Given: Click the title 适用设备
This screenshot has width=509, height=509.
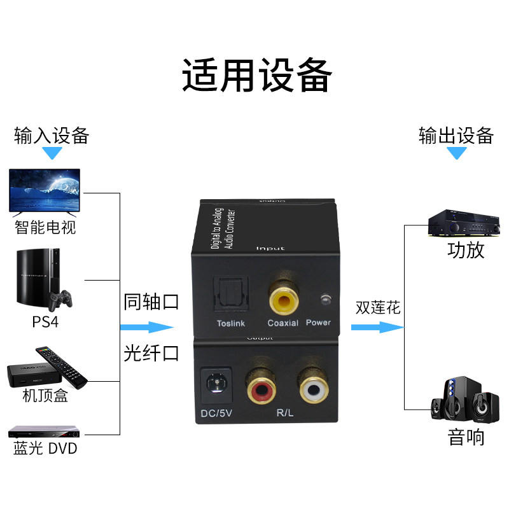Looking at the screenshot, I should (x=257, y=76).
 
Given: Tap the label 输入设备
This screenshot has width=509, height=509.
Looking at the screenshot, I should (x=52, y=136).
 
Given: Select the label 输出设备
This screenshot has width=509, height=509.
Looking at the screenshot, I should (x=456, y=136).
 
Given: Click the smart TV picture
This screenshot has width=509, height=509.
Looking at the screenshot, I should (x=45, y=190).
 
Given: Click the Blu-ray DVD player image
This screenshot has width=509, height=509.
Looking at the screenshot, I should (x=43, y=432).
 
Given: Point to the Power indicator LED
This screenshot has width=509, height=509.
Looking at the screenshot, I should (x=326, y=299).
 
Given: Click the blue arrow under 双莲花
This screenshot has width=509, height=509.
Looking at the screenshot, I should (x=377, y=328).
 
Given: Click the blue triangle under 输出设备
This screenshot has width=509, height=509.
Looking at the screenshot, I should (x=456, y=153).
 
